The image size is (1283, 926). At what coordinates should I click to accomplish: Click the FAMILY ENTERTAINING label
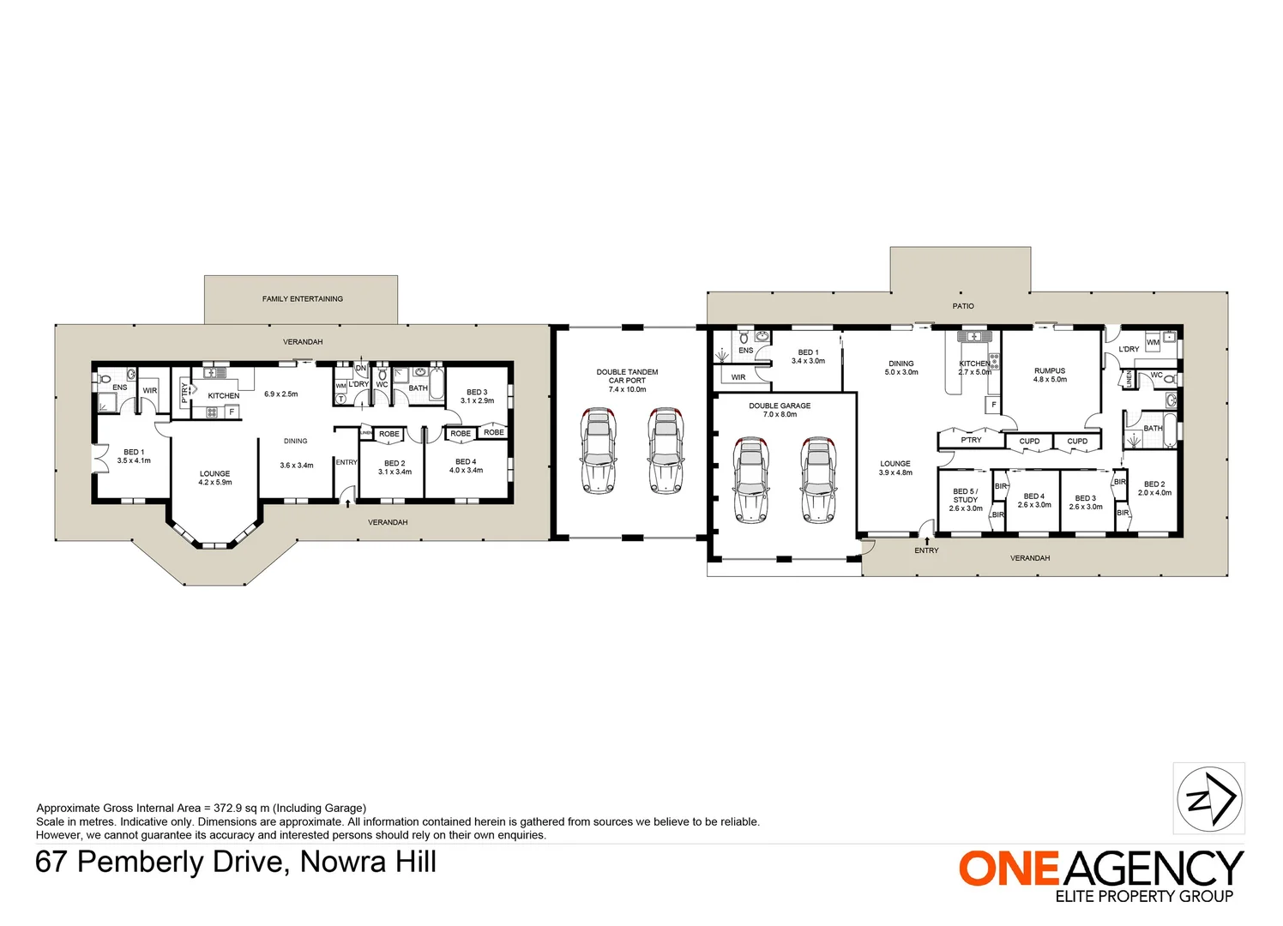[x=302, y=299]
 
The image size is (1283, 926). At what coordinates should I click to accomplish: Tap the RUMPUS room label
[x=1050, y=375]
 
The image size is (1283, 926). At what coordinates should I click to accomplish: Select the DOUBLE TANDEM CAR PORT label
[x=627, y=381]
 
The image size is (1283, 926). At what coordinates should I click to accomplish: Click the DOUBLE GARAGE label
[x=779, y=410]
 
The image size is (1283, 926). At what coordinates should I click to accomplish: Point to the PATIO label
[x=962, y=306]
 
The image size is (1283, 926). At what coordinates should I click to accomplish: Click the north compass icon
[x=1208, y=799]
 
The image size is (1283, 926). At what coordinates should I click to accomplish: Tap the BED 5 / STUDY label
[x=965, y=500]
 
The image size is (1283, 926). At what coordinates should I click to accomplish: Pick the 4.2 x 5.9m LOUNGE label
[x=214, y=478]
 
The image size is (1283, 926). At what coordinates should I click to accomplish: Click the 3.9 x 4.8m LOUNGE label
[x=894, y=468]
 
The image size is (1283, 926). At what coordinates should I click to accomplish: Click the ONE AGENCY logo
[x=1100, y=875]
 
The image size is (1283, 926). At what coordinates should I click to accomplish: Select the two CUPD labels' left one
[x=1029, y=442]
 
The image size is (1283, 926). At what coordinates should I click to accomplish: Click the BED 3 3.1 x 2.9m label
[x=477, y=396]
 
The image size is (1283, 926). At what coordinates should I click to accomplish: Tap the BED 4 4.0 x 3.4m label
[x=466, y=466]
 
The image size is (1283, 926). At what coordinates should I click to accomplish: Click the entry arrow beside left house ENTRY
[x=347, y=504]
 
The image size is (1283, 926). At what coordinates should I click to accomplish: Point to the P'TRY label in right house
[x=971, y=440]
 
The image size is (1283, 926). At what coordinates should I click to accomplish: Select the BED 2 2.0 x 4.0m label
[x=1153, y=488]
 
